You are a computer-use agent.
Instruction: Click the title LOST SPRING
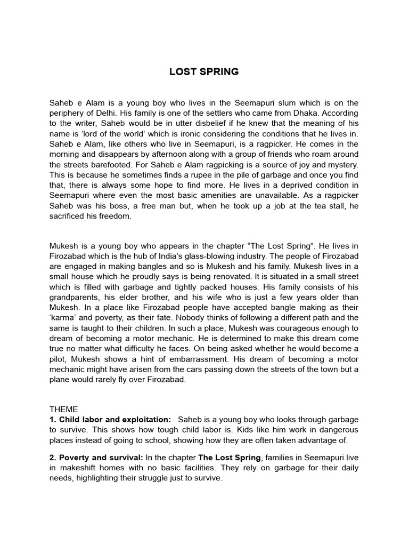tap(204, 72)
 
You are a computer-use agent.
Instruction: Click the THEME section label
tap(63, 409)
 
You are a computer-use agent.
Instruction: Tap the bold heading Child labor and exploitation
tap(114, 420)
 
